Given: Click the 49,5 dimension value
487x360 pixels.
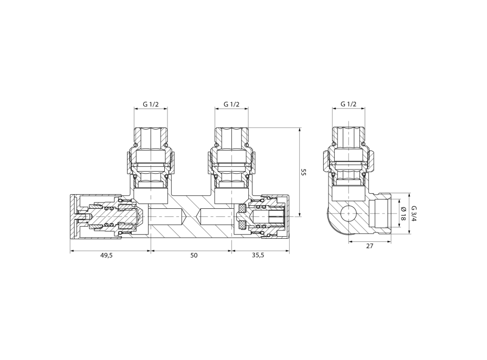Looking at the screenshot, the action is (106, 256).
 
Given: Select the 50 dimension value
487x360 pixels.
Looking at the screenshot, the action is (194, 256).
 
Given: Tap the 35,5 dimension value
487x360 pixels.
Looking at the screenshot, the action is (258, 256).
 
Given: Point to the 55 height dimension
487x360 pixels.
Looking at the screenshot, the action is (304, 172).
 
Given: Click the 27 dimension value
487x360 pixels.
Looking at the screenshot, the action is (369, 246).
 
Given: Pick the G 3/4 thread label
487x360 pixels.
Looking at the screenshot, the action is (414, 214).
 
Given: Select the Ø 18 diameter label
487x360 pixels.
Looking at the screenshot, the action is (403, 214).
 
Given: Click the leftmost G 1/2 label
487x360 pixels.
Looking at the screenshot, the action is (151, 104).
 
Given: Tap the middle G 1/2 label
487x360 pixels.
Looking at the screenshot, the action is (231, 104).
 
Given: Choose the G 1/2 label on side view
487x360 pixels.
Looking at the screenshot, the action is (348, 104).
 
